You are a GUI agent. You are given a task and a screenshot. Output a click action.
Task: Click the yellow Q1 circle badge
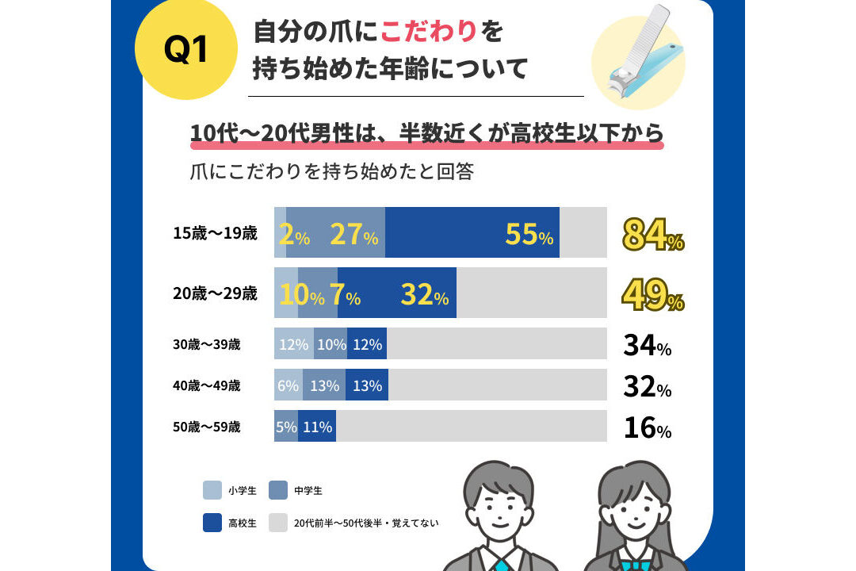pos(185,48)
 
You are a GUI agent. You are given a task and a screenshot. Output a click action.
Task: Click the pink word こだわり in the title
pos(429,31)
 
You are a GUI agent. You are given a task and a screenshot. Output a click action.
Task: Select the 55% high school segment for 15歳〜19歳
pos(472,232)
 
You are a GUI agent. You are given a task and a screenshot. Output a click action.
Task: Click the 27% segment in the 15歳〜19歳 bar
pos(336,232)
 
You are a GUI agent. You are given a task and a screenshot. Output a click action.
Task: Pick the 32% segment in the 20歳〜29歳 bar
pos(397,293)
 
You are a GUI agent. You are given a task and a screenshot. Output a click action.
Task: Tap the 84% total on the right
pos(653,235)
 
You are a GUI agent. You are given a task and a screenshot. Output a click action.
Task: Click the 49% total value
pos(653,294)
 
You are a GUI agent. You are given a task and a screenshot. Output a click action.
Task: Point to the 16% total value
pos(648,427)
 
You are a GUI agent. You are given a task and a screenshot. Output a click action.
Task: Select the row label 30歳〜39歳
pos(206,344)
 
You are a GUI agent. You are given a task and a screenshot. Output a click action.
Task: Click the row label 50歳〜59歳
pos(206,427)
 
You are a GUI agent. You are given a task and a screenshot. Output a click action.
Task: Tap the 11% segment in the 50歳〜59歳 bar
pos(317,426)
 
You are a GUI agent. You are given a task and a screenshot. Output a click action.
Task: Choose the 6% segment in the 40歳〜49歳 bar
pos(289,385)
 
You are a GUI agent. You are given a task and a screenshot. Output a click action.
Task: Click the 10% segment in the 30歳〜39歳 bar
pos(331,343)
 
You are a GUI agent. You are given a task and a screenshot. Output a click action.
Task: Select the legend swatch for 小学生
pos(212,490)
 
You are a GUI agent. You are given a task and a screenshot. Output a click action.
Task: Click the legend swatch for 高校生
pos(212,523)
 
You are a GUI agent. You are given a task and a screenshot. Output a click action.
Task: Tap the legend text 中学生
pos(308,491)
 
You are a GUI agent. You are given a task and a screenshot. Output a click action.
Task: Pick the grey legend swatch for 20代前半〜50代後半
pos(278,523)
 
